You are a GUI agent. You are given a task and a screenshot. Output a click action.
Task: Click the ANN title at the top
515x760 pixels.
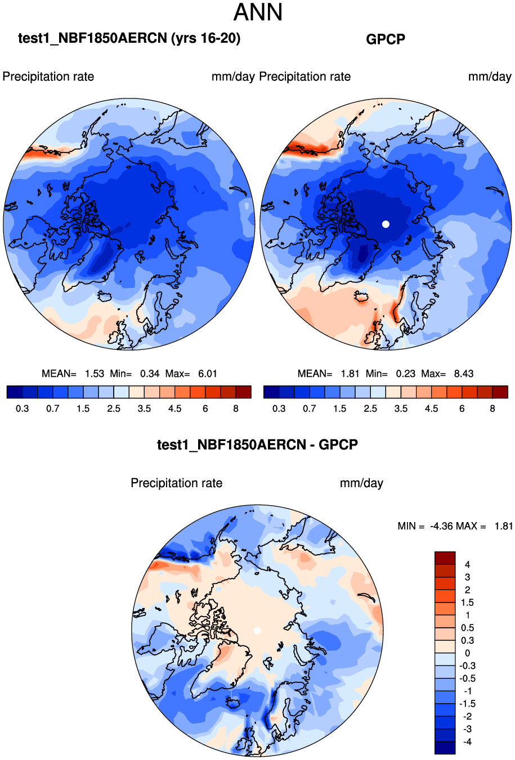click(258, 12)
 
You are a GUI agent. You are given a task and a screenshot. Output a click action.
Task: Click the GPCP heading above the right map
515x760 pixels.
click(386, 39)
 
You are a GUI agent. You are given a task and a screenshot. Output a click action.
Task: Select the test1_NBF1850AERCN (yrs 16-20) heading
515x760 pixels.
click(129, 38)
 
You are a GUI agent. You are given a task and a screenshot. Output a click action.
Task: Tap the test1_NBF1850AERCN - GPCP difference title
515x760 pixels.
click(257, 445)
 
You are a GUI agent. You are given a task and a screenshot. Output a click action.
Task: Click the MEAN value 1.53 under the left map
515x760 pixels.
click(95, 374)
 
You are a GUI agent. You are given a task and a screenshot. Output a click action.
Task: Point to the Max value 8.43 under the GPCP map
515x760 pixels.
click(464, 374)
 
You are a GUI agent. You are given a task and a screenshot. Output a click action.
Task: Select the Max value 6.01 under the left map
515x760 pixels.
click(208, 374)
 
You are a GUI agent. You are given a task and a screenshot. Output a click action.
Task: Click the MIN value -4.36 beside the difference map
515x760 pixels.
click(441, 526)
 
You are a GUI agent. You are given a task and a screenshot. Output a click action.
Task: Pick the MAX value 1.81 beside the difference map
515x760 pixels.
click(504, 526)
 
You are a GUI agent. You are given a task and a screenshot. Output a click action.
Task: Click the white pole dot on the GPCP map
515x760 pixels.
click(386, 224)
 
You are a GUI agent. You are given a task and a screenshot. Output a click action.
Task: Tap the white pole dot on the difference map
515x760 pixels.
click(257, 631)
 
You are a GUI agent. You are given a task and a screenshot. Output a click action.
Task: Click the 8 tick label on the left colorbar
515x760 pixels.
click(236, 409)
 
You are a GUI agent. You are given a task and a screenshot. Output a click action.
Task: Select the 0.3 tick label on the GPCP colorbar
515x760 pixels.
click(279, 409)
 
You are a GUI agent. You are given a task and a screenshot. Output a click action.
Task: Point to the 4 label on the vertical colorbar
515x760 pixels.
click(467, 564)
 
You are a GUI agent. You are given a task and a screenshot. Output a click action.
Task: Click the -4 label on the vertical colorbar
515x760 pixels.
click(467, 742)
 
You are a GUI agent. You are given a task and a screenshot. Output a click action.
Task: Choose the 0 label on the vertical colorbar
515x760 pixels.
click(467, 653)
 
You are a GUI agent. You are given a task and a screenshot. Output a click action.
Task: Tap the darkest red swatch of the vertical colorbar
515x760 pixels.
click(445, 558)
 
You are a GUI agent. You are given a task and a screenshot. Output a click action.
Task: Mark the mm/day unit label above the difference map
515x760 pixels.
click(361, 483)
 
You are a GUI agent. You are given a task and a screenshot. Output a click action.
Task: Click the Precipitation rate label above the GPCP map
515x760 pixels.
click(304, 77)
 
